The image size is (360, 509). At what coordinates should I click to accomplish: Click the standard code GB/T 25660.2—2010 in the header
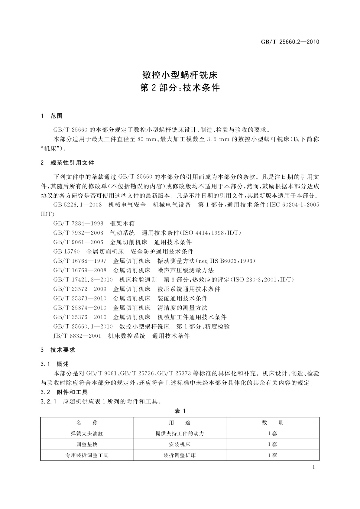click(290, 42)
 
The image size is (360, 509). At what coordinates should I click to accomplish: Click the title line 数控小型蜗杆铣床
click(180, 75)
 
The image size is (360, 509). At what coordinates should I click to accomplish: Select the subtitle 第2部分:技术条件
click(180, 88)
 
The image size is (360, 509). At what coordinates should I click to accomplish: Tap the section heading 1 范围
click(52, 116)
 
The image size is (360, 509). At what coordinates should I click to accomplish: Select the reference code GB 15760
click(66, 252)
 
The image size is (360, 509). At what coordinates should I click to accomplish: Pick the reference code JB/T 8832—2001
click(77, 336)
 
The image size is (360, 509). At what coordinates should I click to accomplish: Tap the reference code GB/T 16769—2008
click(80, 271)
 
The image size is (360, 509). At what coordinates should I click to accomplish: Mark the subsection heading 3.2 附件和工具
click(64, 392)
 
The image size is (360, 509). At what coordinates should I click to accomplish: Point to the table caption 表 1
click(180, 411)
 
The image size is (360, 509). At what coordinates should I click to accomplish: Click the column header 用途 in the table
click(180, 423)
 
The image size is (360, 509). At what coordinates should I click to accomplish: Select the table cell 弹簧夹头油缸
click(87, 434)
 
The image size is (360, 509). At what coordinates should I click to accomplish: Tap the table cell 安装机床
click(180, 445)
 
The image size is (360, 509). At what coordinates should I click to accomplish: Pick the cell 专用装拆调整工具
click(87, 456)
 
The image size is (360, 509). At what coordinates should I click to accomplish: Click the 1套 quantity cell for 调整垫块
click(272, 445)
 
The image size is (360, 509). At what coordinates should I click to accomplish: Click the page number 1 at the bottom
click(313, 468)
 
